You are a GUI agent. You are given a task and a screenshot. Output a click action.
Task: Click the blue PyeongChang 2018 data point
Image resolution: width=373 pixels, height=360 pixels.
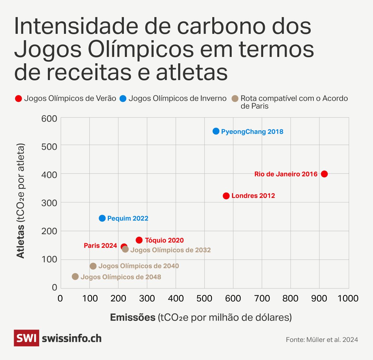point(216,131)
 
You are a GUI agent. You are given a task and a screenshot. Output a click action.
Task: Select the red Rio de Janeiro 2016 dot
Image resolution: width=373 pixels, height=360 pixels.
point(324,174)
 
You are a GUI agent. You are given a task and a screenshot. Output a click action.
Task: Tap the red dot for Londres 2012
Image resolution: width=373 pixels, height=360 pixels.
point(226,196)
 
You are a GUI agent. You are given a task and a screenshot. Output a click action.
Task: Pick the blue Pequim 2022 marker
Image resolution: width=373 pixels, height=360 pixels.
point(102,218)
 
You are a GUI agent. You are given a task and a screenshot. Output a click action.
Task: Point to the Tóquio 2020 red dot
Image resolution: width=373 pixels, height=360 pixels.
point(139,240)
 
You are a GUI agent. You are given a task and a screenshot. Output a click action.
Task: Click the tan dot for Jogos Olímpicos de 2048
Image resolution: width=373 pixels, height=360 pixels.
point(75,277)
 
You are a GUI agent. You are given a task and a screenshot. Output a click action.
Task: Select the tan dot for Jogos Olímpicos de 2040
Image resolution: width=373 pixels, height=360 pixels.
point(93,266)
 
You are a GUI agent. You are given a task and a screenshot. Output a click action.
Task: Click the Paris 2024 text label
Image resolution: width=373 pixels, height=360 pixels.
point(100,245)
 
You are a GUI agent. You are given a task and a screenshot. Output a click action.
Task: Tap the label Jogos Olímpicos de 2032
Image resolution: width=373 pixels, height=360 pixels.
point(170,250)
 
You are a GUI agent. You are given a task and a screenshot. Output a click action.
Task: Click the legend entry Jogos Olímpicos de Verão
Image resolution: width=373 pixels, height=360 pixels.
point(70,98)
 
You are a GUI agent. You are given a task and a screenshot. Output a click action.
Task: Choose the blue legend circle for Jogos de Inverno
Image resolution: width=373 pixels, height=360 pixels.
point(123,98)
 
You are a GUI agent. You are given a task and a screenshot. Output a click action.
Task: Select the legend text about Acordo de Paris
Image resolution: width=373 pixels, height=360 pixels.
point(294,102)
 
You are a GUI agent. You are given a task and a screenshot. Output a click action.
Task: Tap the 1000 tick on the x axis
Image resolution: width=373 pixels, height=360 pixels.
point(349,298)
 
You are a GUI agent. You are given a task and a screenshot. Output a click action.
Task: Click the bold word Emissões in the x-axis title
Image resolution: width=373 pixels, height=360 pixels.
point(133,317)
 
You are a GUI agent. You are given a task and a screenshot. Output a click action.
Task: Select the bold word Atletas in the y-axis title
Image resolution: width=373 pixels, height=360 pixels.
point(21,241)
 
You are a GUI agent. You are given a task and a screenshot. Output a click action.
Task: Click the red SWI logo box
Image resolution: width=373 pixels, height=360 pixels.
point(26,338)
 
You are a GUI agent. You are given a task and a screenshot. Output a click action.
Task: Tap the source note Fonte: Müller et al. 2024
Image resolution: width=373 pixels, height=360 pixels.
point(322,340)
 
